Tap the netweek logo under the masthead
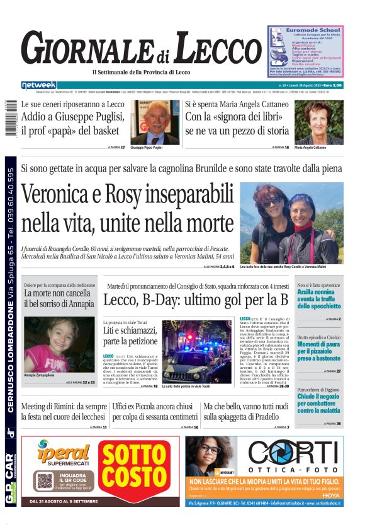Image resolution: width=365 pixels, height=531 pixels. (38, 85)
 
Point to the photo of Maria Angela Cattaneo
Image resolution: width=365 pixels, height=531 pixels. (319, 122)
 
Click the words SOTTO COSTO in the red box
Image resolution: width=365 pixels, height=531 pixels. (138, 470)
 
